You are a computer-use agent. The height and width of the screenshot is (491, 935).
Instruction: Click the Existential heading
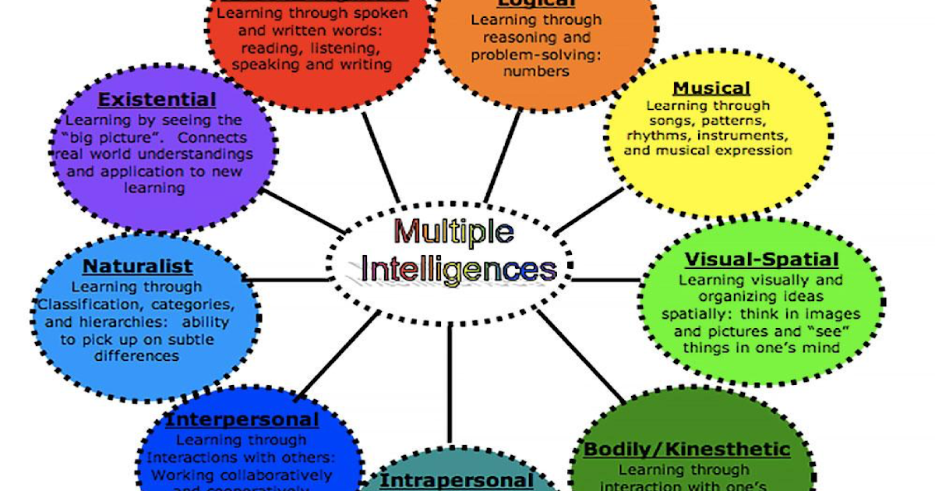click(157, 100)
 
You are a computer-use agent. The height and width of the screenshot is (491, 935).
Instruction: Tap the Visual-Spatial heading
click(761, 260)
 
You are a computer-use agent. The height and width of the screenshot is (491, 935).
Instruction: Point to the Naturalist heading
click(138, 267)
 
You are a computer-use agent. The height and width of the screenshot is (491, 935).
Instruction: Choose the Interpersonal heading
click(242, 420)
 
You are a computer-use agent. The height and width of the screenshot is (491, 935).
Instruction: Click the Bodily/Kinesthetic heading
click(686, 450)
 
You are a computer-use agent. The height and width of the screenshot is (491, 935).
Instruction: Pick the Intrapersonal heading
click(456, 480)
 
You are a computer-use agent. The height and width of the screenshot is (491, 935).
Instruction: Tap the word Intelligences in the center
click(459, 270)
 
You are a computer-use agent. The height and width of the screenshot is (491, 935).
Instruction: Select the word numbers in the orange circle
click(536, 71)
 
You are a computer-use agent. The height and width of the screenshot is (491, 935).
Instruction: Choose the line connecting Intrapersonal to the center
click(450, 382)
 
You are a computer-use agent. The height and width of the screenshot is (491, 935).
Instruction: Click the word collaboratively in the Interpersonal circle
click(269, 475)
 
